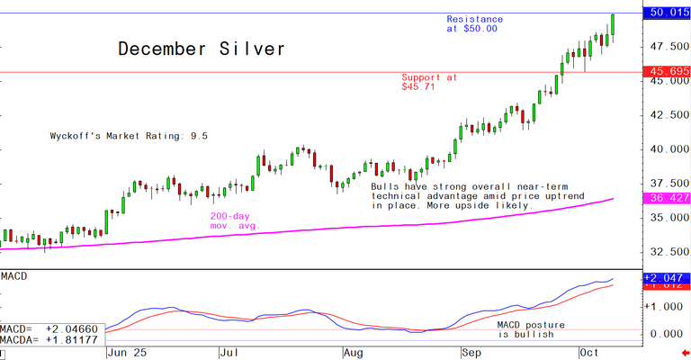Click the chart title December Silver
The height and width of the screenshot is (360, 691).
tap(202, 49)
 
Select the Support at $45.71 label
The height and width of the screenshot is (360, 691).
tap(428, 82)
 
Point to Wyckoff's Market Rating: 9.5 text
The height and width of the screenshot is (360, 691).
tap(129, 136)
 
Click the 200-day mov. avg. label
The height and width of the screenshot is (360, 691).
tap(234, 220)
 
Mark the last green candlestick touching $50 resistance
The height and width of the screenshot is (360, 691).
tap(613, 24)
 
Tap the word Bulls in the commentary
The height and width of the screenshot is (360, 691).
tap(387, 186)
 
